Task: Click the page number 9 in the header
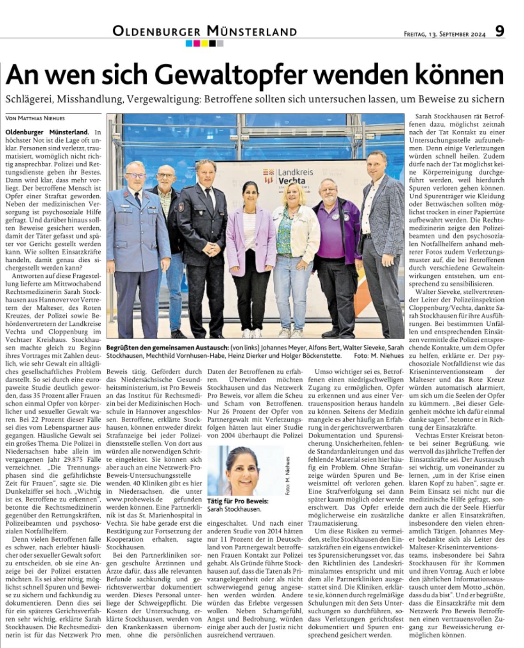coord(500,32)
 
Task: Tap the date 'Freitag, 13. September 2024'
coord(444,34)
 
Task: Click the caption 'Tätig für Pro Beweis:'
coord(238,501)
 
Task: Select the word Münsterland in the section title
coord(251,32)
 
